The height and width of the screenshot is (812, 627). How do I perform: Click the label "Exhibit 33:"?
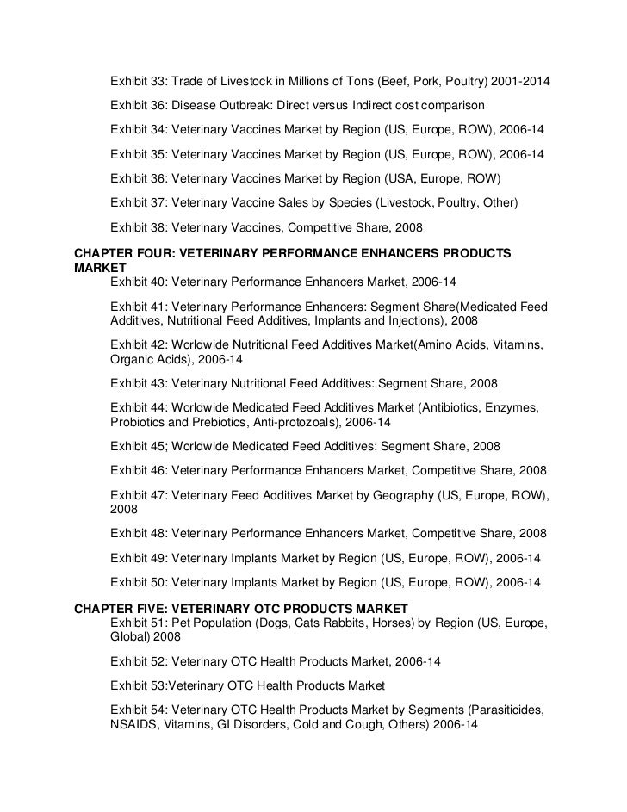click(139, 82)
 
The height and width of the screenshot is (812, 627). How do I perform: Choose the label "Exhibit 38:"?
click(139, 228)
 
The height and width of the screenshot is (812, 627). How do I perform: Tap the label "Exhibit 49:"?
click(139, 557)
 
